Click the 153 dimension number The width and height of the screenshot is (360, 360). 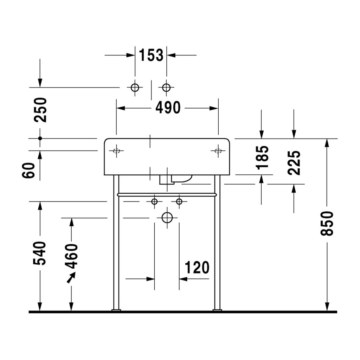151,55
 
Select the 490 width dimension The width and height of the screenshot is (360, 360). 168,108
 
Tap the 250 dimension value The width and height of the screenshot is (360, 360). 40,110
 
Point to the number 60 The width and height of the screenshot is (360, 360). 28,170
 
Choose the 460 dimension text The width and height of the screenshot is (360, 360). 71,256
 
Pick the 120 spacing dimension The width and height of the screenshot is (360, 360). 197,267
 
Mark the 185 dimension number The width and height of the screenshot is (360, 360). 262,158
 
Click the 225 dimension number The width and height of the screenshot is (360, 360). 294,163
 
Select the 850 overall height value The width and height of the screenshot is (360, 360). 327,223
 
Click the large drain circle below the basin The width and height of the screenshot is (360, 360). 167,218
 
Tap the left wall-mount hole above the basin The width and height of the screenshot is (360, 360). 135,88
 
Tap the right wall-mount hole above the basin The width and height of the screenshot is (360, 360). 166,88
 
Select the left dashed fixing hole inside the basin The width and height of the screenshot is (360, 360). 116,151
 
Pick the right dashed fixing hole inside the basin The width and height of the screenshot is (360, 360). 218,151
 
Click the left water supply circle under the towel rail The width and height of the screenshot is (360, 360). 155,201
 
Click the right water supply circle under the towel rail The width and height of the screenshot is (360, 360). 179,201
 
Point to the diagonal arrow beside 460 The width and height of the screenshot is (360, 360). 71,278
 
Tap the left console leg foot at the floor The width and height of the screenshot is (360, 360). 116,310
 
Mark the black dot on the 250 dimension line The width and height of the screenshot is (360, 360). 40,139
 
